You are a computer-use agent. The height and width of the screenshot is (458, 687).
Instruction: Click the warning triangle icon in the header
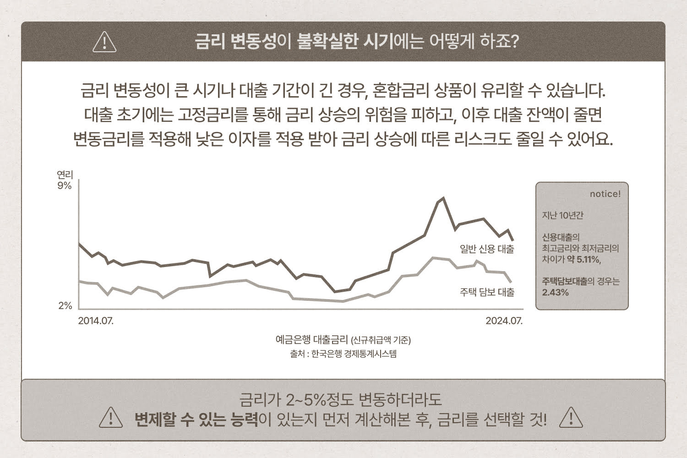click(x=104, y=42)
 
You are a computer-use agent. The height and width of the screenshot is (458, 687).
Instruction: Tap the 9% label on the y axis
click(x=65, y=185)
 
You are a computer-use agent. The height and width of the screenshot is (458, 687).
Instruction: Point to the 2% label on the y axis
click(x=65, y=305)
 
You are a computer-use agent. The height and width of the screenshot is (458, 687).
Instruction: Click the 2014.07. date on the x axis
click(x=96, y=321)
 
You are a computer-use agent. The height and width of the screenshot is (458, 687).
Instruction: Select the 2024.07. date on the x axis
click(x=504, y=321)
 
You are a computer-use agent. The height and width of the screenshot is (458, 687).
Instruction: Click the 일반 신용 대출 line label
click(x=487, y=249)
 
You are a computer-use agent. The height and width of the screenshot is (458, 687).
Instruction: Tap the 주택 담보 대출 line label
click(x=487, y=292)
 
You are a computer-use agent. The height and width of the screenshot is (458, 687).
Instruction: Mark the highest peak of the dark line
click(x=443, y=198)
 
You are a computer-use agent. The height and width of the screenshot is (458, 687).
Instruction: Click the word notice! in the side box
click(x=605, y=194)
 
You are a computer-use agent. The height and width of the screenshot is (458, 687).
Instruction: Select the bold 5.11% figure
click(x=588, y=260)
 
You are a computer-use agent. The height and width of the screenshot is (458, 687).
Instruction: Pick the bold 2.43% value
click(x=555, y=292)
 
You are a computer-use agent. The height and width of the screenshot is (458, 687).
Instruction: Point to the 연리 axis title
click(x=65, y=174)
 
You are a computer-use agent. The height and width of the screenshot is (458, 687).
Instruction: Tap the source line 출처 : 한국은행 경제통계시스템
click(x=343, y=354)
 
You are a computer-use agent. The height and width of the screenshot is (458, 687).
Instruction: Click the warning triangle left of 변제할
click(x=111, y=418)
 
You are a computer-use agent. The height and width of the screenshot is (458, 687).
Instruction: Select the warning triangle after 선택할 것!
click(x=571, y=418)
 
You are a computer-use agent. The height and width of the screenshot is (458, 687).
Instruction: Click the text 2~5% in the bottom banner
click(x=305, y=399)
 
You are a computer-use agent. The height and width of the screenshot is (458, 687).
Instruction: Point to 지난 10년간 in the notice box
click(x=562, y=215)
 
